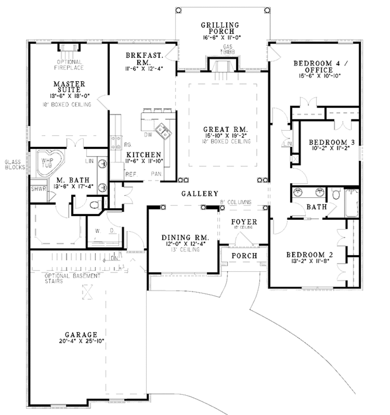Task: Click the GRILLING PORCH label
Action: pos(221,29)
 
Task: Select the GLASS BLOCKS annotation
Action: pos(14,164)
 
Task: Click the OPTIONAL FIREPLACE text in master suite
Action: pos(69,64)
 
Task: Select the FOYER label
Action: pos(244,222)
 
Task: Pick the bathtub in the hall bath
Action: pos(352,202)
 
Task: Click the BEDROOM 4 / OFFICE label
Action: pos(313,66)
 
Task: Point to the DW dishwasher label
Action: pos(148,135)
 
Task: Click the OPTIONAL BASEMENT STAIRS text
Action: pos(72,278)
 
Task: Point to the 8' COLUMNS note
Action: pos(235,203)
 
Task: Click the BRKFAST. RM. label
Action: pos(144,59)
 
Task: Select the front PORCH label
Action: pos(244,256)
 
